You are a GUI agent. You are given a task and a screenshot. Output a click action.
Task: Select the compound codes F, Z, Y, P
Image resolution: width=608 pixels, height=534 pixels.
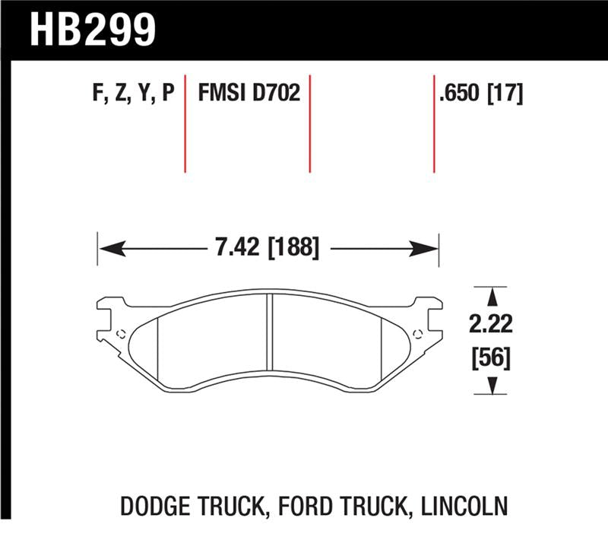pos(133,94)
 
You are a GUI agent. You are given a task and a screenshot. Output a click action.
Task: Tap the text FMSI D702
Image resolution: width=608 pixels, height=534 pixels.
pos(249,94)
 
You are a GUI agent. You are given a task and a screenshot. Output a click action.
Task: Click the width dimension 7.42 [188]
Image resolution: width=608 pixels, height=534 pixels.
pos(267,248)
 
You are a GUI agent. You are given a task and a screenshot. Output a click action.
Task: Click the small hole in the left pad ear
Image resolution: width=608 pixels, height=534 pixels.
pos(120,332)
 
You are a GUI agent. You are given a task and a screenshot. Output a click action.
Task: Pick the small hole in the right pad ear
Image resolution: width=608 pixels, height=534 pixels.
pos(416,332)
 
